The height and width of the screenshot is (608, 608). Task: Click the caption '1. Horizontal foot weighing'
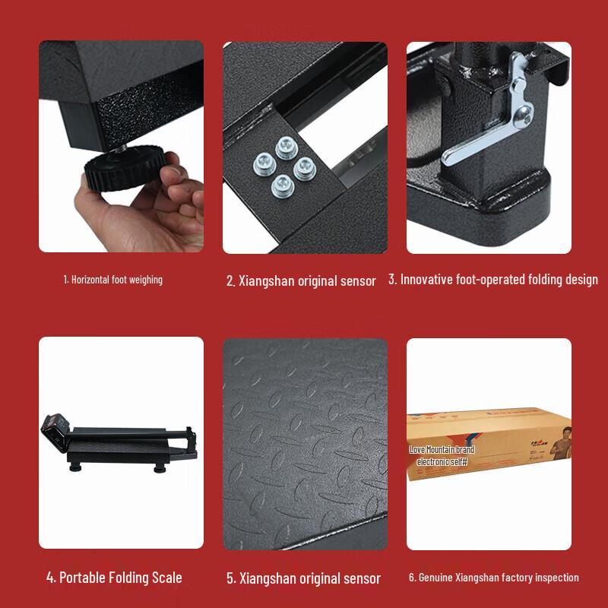click(x=112, y=280)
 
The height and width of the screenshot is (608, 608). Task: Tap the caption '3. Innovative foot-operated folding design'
click(x=492, y=280)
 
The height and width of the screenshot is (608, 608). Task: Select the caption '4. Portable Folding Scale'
click(x=114, y=578)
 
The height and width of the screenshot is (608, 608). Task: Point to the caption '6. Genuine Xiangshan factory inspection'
click(x=493, y=578)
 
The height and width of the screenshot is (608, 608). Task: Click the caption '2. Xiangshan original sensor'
click(x=301, y=281)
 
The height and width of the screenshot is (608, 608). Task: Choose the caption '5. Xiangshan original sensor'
click(x=303, y=578)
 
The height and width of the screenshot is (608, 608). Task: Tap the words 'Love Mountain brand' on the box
click(x=442, y=451)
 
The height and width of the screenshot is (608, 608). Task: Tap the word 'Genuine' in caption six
click(x=432, y=578)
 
